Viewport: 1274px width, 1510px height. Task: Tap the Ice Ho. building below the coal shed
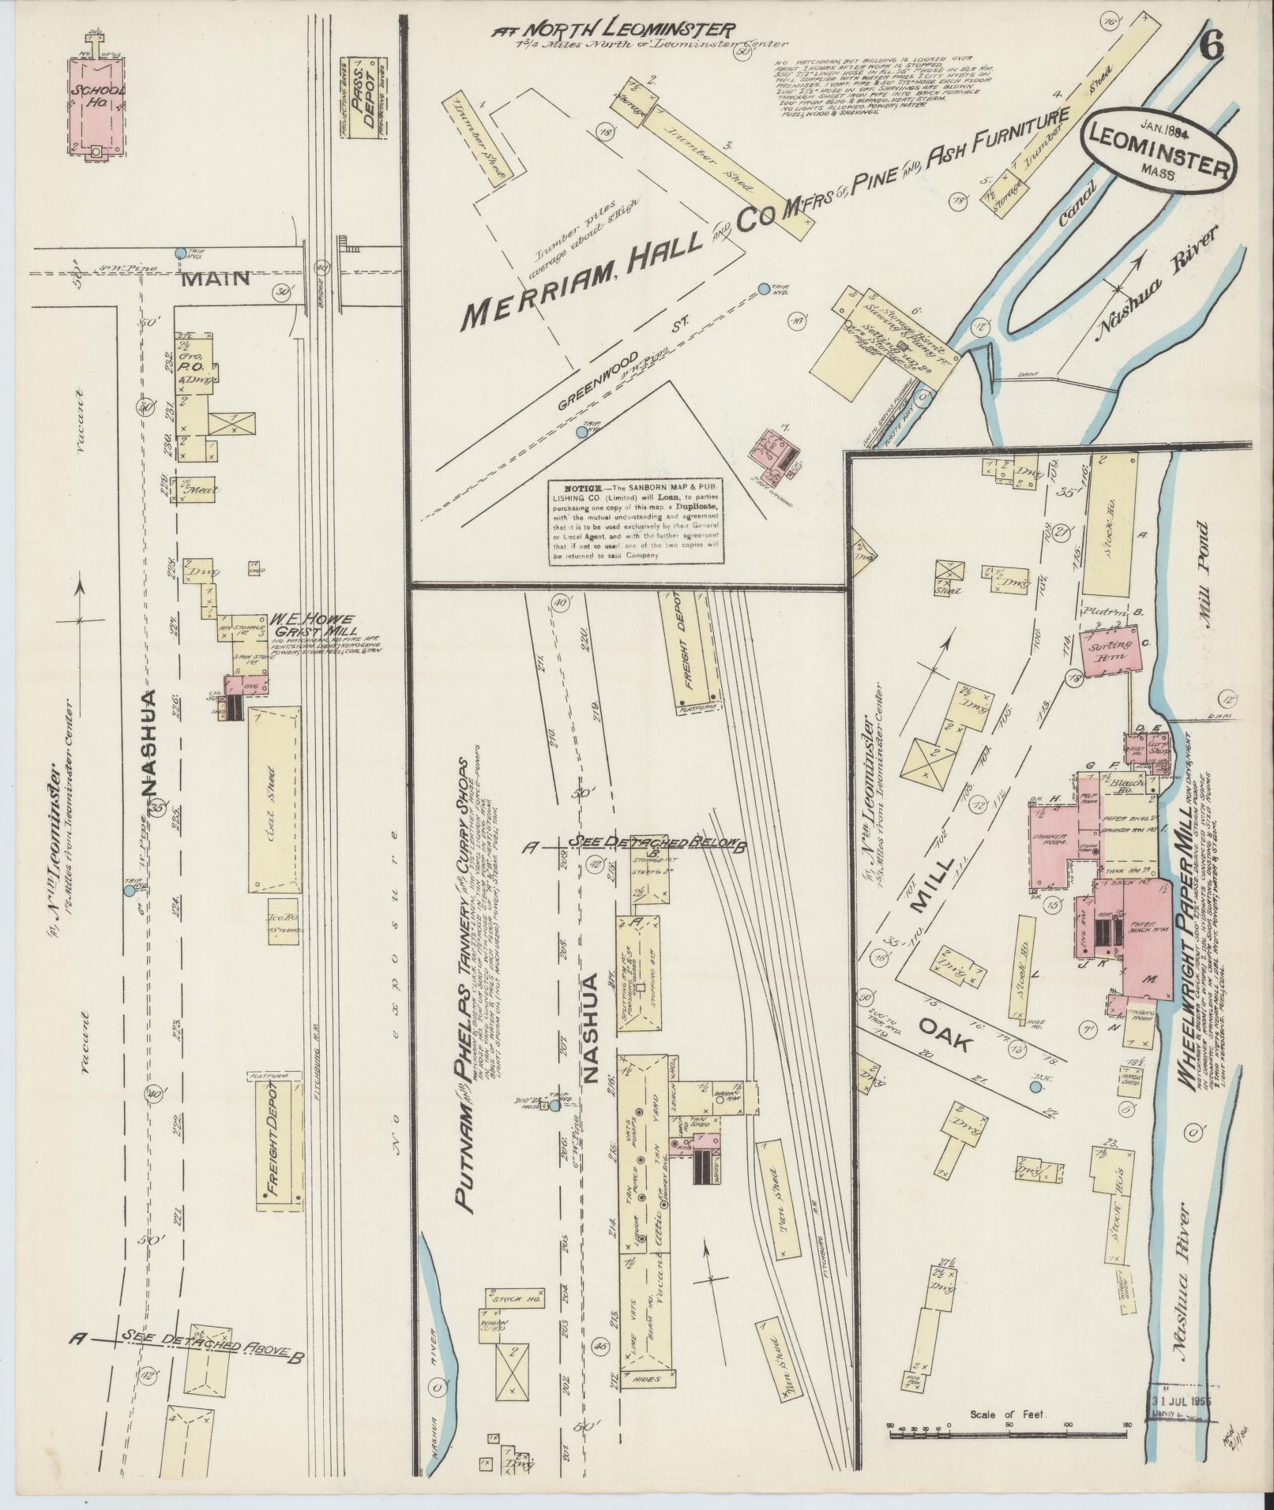[x=283, y=917]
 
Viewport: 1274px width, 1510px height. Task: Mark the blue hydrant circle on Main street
[x=180, y=253]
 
